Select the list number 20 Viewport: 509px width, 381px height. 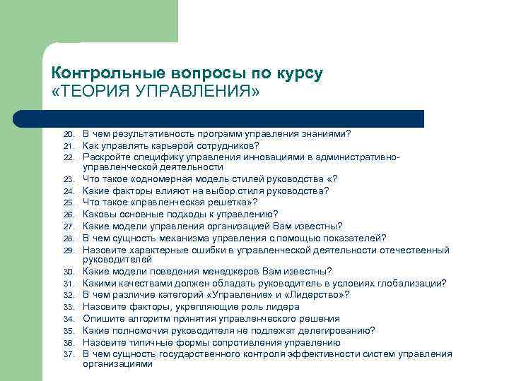pos(69,134)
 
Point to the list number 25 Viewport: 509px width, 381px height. pos(69,202)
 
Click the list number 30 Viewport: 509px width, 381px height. pos(69,272)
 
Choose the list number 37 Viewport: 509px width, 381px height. pos(69,353)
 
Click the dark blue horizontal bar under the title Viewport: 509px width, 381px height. pos(233,119)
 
